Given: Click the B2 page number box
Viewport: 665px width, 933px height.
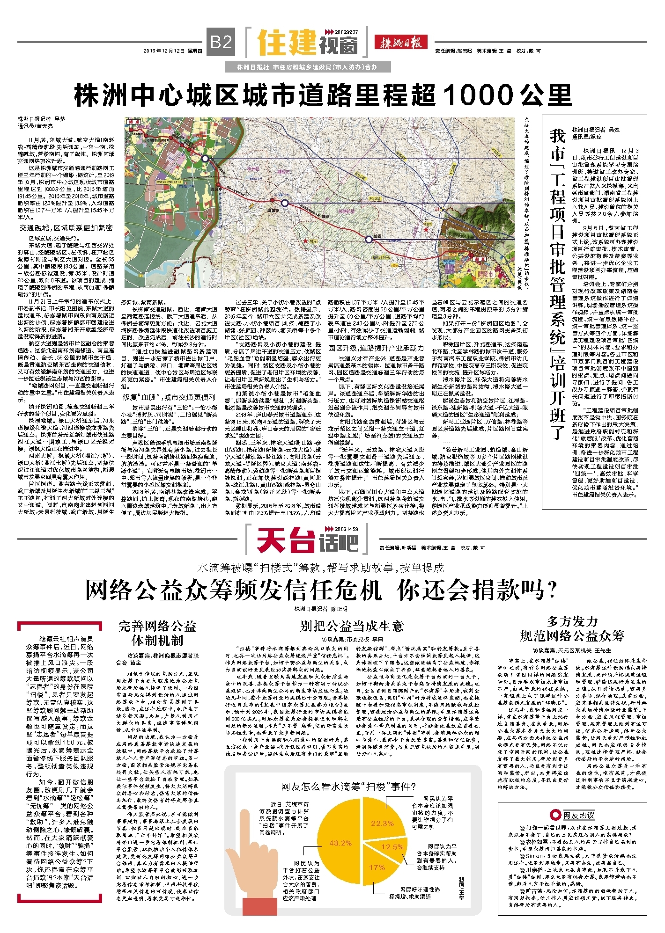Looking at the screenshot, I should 221,43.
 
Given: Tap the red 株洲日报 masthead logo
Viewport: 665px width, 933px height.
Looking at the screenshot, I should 400,43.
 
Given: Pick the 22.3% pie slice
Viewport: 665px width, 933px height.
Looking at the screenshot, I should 383,822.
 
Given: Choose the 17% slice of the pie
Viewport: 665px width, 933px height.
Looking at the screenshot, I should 377,867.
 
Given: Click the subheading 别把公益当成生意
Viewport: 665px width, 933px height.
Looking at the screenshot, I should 351,626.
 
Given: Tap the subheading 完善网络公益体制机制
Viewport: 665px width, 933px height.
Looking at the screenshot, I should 157,633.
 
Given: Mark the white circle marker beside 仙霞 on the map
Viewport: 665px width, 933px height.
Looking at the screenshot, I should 285,203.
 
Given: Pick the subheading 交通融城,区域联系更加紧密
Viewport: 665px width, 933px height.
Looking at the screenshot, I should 66,228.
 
